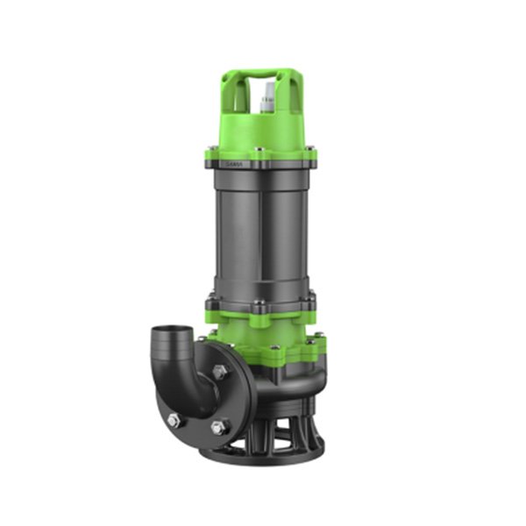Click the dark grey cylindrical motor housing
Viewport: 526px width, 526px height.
pyautogui.click(x=260, y=232)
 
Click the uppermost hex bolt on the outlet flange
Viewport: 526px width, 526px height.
pyautogui.click(x=218, y=372)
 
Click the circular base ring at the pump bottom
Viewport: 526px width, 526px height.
pyautogui.click(x=263, y=456)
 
